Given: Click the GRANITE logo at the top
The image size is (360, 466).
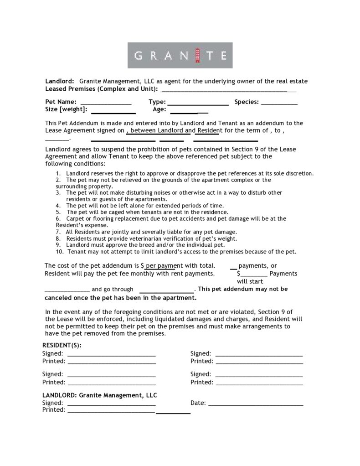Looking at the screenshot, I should pyautogui.click(x=180, y=55).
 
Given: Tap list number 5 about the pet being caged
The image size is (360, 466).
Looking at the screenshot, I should pyautogui.click(x=147, y=212).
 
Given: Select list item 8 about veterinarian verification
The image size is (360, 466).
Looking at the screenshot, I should pyautogui.click(x=151, y=238).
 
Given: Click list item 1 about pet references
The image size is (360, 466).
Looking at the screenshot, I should pyautogui.click(x=189, y=173).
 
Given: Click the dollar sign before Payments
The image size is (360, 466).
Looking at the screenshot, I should pyautogui.click(x=238, y=274).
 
